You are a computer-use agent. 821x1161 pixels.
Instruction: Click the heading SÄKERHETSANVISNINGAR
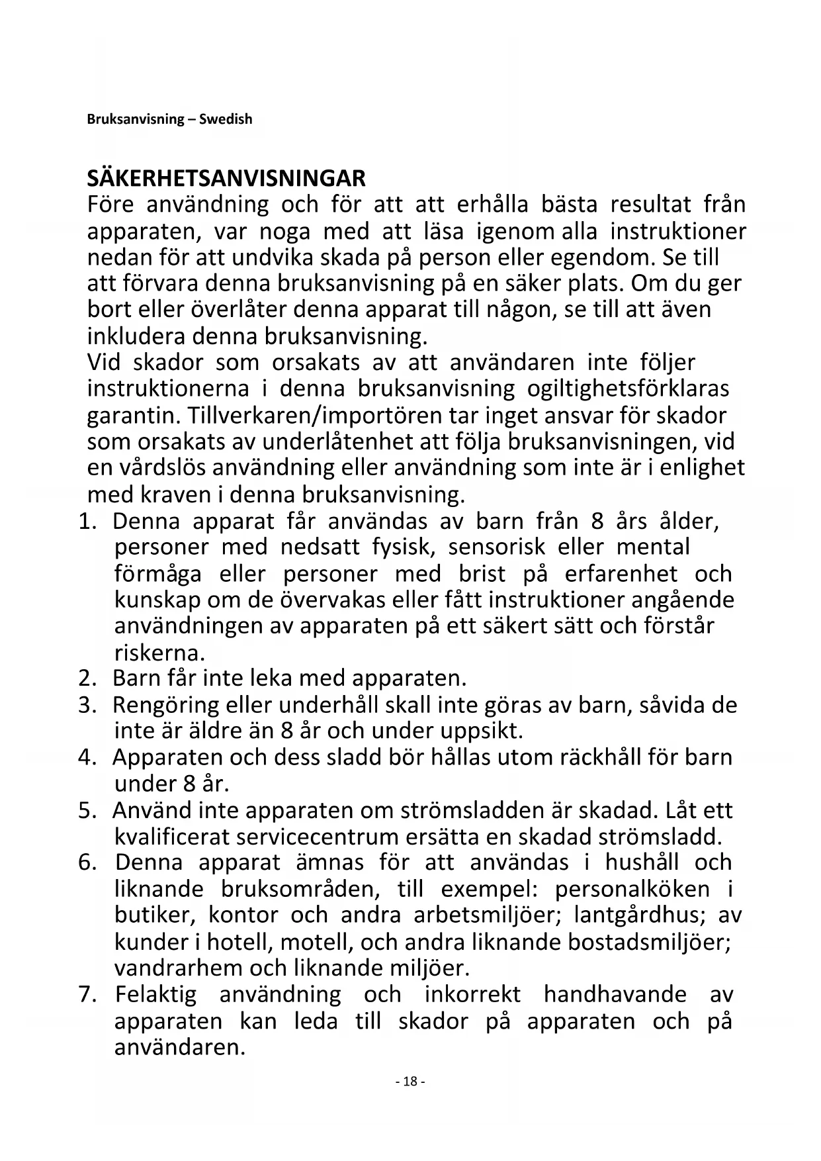[226, 178]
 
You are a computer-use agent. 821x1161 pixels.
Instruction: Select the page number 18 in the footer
[410, 1082]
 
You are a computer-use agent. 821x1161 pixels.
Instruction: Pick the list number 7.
[88, 994]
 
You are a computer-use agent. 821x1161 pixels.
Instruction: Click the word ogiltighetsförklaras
[628, 389]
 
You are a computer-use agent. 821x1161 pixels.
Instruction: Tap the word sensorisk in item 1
[497, 547]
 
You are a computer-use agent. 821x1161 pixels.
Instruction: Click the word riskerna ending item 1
[159, 653]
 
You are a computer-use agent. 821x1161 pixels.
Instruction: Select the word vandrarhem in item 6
[179, 968]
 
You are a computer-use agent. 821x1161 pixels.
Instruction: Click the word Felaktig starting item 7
[156, 994]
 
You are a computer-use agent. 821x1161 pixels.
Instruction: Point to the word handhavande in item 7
[615, 994]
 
